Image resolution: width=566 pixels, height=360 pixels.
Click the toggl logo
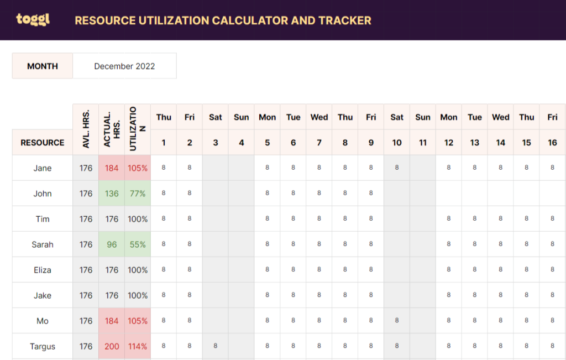[x=33, y=19]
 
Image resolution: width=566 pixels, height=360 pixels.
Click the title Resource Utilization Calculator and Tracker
[x=223, y=20]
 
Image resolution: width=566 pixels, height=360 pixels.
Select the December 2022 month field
[x=124, y=66]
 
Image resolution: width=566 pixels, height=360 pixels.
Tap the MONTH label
[x=43, y=66]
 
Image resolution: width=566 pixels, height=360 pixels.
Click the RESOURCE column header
[x=43, y=142]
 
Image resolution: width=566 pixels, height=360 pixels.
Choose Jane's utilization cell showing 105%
[x=138, y=168]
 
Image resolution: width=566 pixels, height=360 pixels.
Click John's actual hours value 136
[x=112, y=194]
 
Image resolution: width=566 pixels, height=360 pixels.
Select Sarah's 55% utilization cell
[x=138, y=244]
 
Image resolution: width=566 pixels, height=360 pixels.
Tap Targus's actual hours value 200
[x=112, y=346]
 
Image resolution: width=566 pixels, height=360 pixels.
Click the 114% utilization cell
[x=138, y=346]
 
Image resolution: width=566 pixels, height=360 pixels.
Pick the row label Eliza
[x=43, y=270]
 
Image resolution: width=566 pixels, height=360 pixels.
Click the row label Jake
[x=43, y=295]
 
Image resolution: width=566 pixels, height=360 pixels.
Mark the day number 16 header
[x=552, y=143]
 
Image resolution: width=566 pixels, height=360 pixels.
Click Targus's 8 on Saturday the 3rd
[x=216, y=346]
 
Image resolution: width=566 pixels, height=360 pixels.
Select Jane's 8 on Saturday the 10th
[x=397, y=168]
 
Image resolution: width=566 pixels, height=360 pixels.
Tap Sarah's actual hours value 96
[x=112, y=244]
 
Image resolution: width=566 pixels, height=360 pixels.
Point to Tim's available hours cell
[x=86, y=219]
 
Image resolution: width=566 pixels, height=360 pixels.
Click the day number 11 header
[x=423, y=143]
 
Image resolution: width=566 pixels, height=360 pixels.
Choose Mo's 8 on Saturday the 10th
[x=397, y=321]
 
